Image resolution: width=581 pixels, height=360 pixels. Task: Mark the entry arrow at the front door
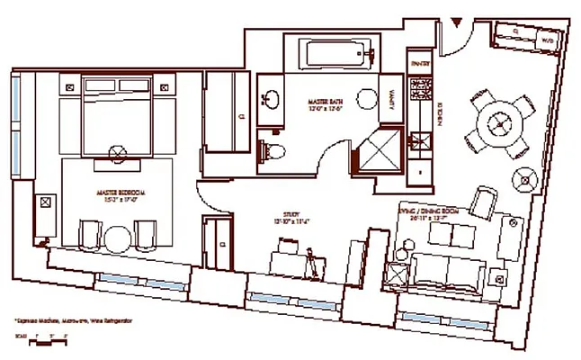tap(457, 20)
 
